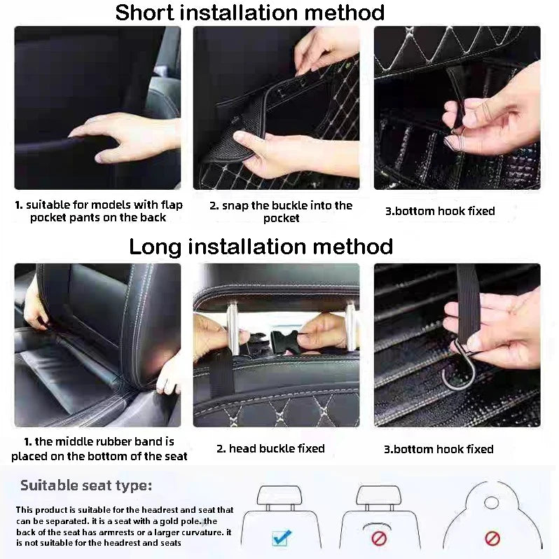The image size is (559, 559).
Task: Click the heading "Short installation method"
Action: click(249, 13)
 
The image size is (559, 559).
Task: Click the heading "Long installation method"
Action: click(261, 247)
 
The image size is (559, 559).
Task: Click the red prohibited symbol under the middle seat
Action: click(379, 539)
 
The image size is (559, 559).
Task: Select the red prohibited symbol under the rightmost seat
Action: click(492, 539)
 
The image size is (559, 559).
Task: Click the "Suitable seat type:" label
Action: click(85, 485)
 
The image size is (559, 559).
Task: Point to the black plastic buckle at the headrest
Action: click(280, 343)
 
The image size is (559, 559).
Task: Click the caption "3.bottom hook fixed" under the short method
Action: click(439, 211)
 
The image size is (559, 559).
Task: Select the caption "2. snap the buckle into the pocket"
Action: click(280, 212)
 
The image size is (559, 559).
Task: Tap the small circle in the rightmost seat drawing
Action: click(491, 502)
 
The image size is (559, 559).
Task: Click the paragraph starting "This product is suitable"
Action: click(125, 526)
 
